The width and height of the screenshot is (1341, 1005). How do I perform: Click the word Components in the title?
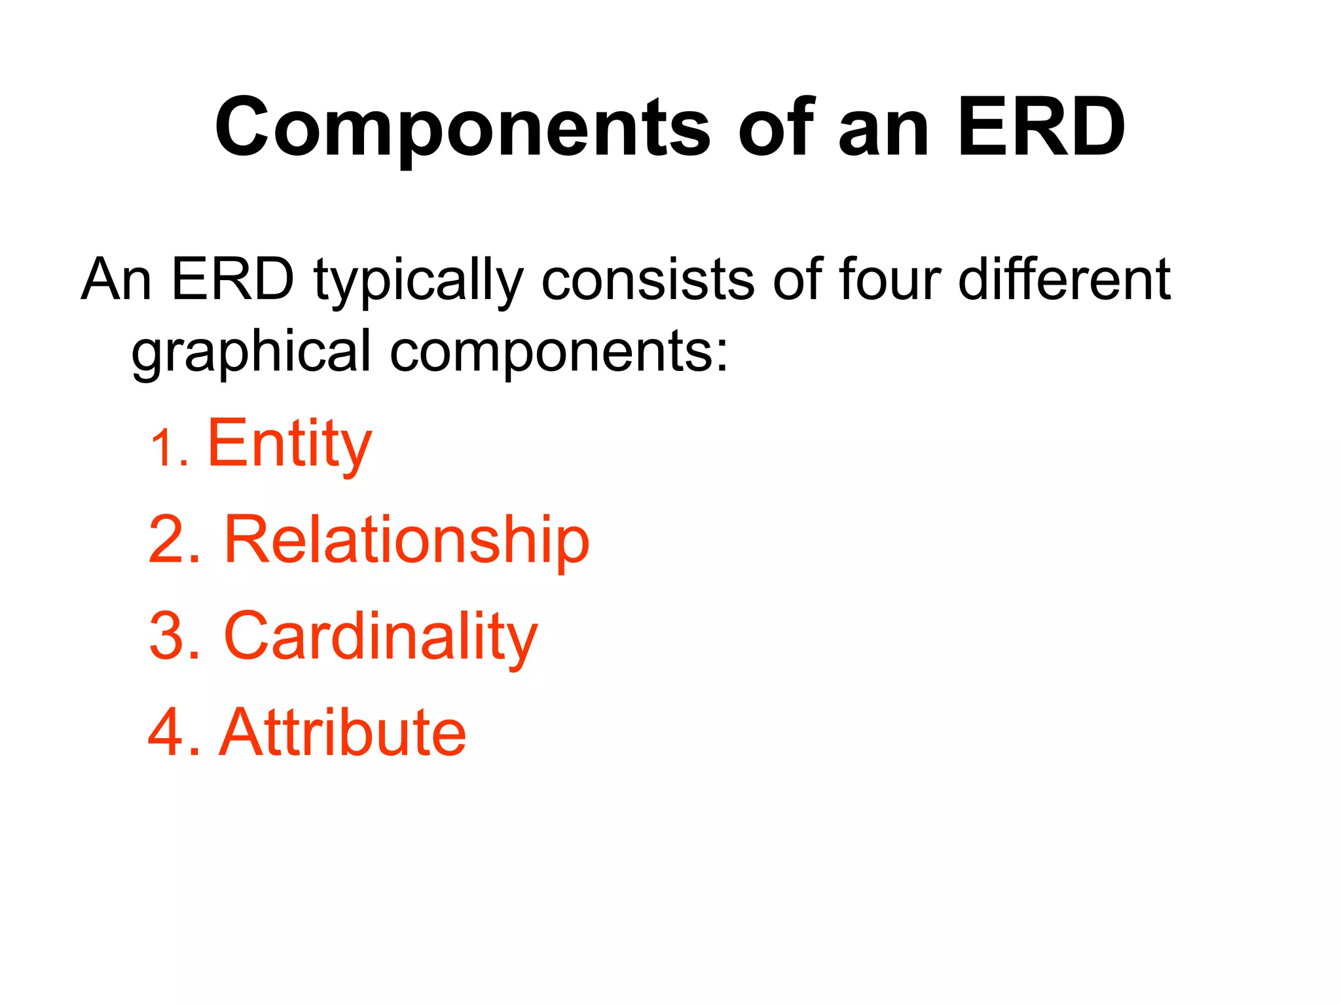[x=462, y=128]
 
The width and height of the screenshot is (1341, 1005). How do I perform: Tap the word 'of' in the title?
[x=776, y=128]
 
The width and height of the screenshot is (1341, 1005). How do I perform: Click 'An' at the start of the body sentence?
[x=117, y=280]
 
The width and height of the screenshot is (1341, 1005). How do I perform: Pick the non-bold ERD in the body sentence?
[x=232, y=280]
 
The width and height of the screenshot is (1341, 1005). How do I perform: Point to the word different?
[x=1064, y=280]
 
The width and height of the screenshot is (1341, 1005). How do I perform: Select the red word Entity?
[x=289, y=445]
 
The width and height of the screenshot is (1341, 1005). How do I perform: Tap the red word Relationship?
[x=406, y=540]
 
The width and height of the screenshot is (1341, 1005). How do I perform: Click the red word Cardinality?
[x=380, y=637]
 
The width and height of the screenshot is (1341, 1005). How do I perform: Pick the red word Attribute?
[x=343, y=732]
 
